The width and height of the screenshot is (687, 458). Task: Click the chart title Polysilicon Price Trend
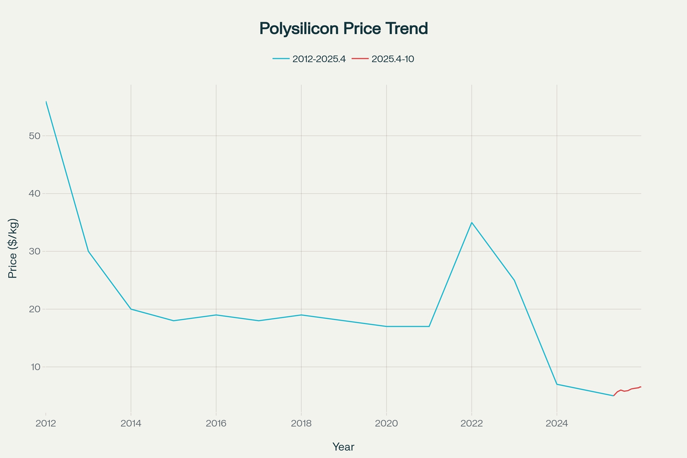point(343,28)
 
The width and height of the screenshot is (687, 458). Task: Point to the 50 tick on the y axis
point(35,136)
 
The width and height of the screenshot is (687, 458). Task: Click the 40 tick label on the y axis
point(35,193)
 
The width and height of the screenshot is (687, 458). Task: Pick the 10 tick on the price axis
point(35,367)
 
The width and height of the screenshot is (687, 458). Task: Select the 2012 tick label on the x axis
point(46,424)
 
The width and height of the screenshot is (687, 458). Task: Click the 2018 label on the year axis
point(301,424)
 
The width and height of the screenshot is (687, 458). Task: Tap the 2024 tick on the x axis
point(556,424)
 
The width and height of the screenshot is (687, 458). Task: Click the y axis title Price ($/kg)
point(13,248)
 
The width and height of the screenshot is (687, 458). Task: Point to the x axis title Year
point(343,447)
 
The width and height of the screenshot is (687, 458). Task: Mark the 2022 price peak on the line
point(471,223)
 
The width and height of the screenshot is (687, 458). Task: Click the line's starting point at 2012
point(46,102)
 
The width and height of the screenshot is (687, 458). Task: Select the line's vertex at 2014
point(131,309)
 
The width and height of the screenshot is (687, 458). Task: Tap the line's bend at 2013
point(88,251)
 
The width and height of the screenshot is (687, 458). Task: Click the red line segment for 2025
point(627,391)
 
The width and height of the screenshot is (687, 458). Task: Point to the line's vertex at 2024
point(557,384)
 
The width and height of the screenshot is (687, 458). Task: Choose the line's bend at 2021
point(429,327)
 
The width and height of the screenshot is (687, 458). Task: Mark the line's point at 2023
point(514,280)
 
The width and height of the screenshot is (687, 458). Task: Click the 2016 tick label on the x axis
point(216,424)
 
